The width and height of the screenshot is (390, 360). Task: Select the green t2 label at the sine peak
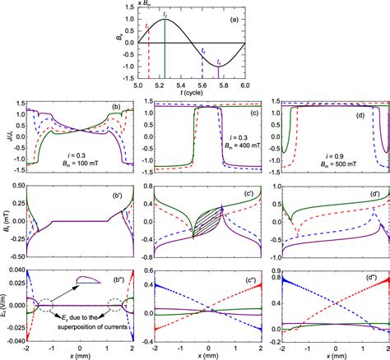165,15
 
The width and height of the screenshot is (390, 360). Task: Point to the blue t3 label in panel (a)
203,51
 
